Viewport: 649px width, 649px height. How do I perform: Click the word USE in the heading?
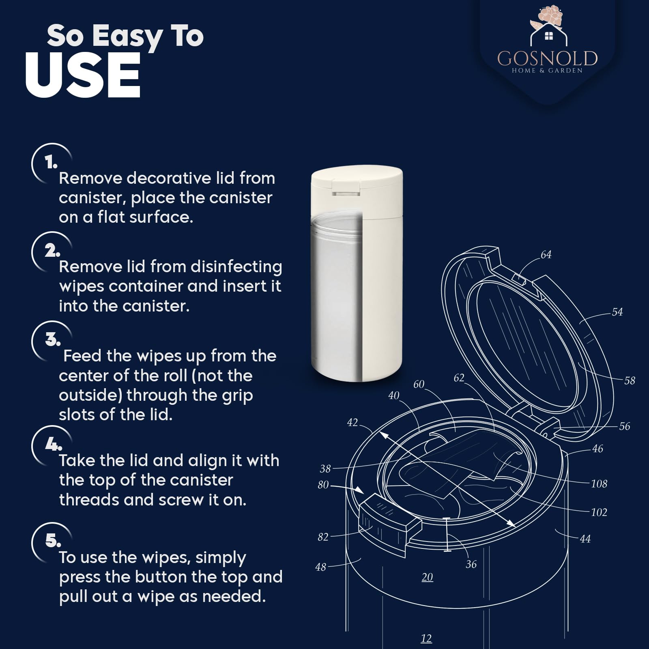pos(83,75)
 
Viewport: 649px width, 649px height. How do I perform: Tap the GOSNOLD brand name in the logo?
pos(548,58)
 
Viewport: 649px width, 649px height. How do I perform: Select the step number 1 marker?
pos(51,163)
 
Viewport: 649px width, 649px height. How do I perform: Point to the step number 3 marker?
pos(53,339)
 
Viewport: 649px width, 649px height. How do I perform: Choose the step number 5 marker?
pos(53,540)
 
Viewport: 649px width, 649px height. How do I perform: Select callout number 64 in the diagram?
pos(546,255)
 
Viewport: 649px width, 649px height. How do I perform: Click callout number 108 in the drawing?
pos(599,484)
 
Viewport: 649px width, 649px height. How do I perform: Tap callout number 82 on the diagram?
pos(323,537)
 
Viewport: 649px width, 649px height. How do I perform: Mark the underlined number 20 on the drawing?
pos(427,577)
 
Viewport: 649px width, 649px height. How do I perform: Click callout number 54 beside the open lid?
pos(617,312)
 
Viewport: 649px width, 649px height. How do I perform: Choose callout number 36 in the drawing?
pos(471,564)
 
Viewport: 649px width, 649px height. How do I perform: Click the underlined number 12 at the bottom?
pos(426,638)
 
